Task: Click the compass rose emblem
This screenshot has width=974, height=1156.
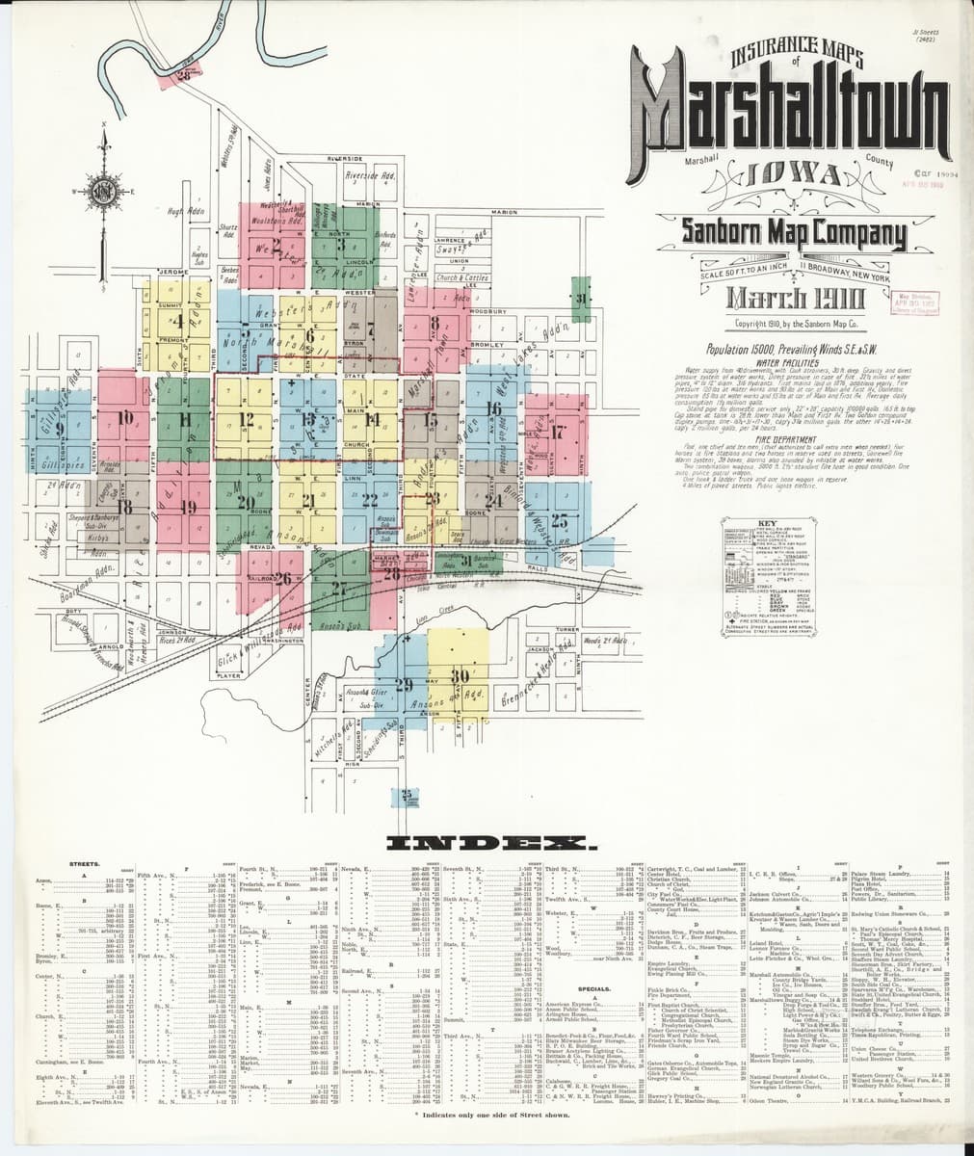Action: pos(103,187)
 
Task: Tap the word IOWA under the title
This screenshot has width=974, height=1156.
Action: pos(788,177)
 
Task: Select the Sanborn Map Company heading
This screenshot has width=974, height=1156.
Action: pos(794,232)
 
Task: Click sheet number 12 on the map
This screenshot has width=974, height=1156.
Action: pos(247,419)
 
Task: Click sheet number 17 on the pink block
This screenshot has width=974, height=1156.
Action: pos(557,432)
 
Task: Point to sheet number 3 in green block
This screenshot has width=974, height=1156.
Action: pos(340,245)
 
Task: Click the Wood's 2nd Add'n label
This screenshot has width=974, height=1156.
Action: pos(605,642)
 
